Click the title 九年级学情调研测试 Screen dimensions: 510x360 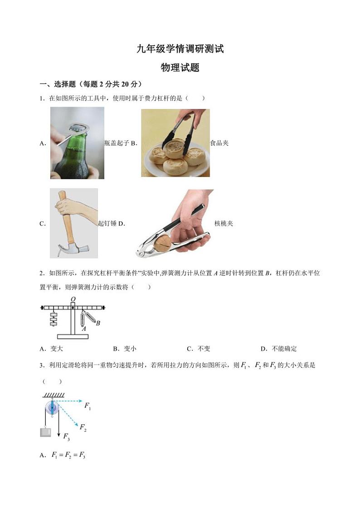click(x=180, y=49)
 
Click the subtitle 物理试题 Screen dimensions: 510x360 click(x=180, y=68)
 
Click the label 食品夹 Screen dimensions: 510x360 click(x=219, y=143)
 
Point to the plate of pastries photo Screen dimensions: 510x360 click(x=175, y=143)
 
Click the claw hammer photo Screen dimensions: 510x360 click(x=73, y=223)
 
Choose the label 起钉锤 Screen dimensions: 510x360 click(x=107, y=223)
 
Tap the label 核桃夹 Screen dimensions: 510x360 click(x=224, y=224)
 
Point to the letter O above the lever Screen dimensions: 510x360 click(x=72, y=299)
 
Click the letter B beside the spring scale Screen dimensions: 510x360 click(x=98, y=323)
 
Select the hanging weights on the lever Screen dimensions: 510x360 click(x=54, y=319)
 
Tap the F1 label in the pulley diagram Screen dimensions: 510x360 click(x=88, y=407)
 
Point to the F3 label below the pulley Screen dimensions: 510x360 click(x=66, y=437)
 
